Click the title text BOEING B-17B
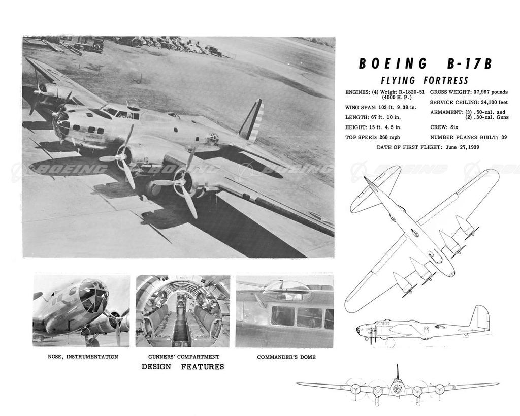(x=425, y=64)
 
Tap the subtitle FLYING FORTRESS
(x=425, y=81)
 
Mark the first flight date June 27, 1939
(x=462, y=147)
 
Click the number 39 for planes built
(x=503, y=137)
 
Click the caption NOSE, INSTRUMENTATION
(x=83, y=357)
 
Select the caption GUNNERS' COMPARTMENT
(x=184, y=357)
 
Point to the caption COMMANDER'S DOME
(x=286, y=357)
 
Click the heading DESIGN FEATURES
(x=182, y=367)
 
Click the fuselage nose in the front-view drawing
(x=398, y=389)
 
